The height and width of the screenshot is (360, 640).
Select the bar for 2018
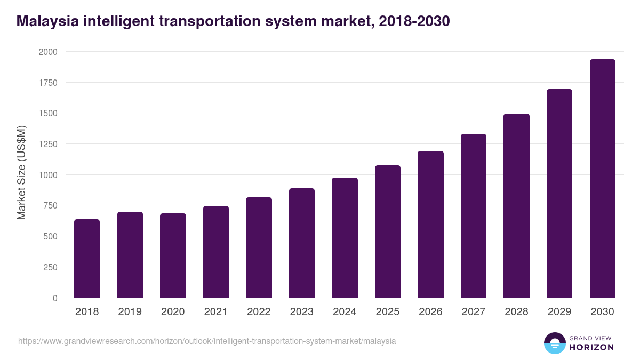pos(87,259)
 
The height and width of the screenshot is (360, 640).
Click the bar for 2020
pos(173,256)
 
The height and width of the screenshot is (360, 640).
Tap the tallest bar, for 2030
pos(602,179)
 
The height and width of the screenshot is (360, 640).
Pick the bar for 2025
pos(388,231)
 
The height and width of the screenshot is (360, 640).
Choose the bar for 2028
pos(516,206)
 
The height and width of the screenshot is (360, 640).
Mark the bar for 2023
pos(302,243)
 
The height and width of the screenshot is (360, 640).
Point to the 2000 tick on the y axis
pos(48,52)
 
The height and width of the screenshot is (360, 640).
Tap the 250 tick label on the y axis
pos(51,267)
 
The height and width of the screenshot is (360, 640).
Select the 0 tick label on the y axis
pos(55,298)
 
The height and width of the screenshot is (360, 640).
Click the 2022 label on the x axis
pos(259,312)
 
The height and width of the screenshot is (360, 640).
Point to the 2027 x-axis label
pos(474,312)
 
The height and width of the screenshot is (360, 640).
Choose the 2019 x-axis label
pos(130,312)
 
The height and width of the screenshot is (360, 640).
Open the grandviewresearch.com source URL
pos(207,341)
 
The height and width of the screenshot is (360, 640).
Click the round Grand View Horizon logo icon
pos(555,343)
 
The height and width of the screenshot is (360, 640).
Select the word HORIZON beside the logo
pos(591,347)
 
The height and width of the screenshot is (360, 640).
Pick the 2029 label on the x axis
pos(559,312)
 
